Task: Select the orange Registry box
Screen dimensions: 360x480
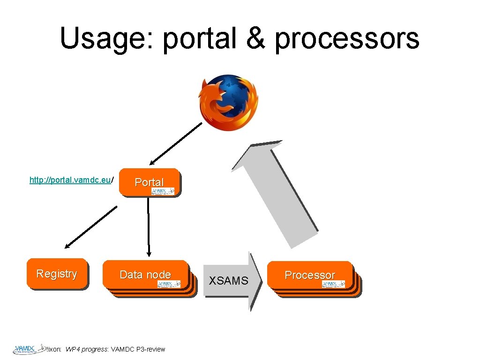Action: click(57, 274)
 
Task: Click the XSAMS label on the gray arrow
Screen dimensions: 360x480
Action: click(228, 281)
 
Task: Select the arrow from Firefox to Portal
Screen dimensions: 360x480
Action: click(176, 144)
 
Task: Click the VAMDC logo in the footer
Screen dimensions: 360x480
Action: click(28, 349)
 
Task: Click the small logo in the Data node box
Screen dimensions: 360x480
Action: click(169, 284)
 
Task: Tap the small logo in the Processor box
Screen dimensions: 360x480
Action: click(333, 284)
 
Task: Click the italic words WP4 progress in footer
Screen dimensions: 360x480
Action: click(87, 349)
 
